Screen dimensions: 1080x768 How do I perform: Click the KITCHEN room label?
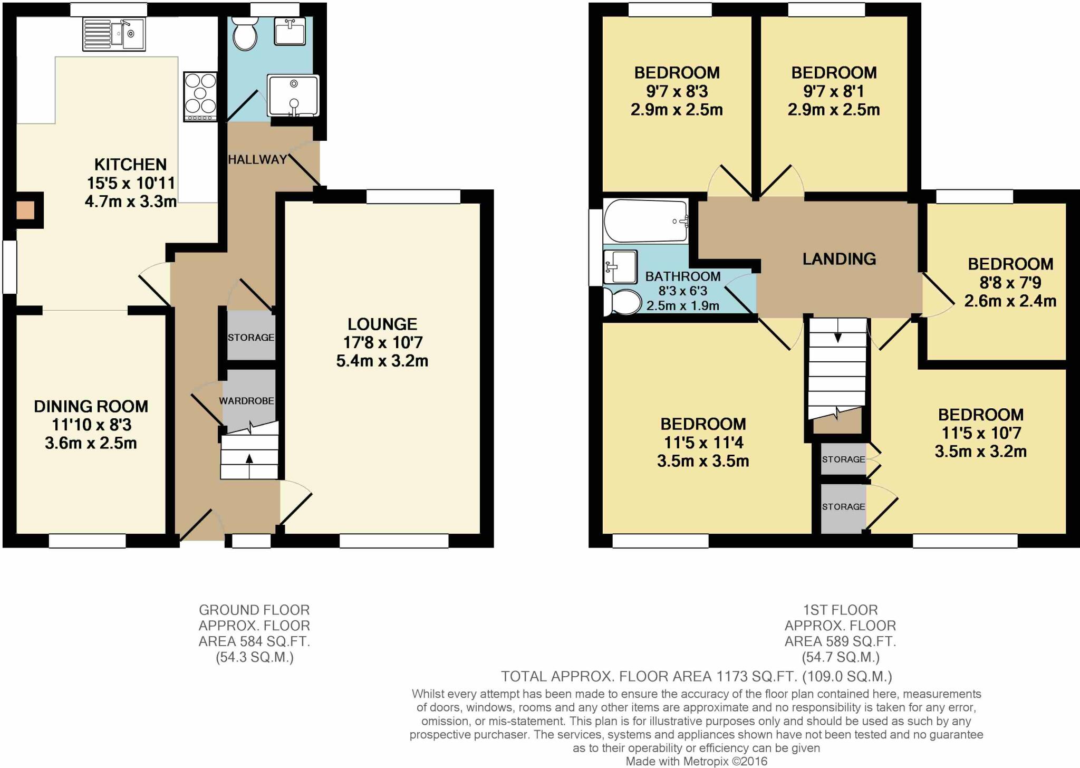(x=130, y=164)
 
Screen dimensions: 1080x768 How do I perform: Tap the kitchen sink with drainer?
(x=114, y=34)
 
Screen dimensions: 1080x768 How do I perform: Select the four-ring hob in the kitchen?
(x=200, y=97)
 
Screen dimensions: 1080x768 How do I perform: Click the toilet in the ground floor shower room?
(x=244, y=33)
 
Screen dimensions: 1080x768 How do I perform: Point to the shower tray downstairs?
(x=293, y=95)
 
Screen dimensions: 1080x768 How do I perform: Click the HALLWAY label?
(x=257, y=159)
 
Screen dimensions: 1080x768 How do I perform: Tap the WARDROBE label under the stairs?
(x=247, y=401)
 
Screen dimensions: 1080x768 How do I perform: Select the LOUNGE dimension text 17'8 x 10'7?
(x=383, y=342)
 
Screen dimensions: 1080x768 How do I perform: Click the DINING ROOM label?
(x=91, y=406)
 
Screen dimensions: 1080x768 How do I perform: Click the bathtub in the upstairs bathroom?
(x=647, y=220)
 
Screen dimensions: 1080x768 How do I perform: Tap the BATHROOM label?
(x=683, y=276)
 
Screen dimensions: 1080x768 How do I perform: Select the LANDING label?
(x=839, y=258)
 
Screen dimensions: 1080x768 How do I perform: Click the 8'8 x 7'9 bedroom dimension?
(x=1010, y=283)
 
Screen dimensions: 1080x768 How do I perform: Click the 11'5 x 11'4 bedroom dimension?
(x=703, y=443)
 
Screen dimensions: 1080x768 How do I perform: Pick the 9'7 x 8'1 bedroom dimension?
(x=834, y=91)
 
